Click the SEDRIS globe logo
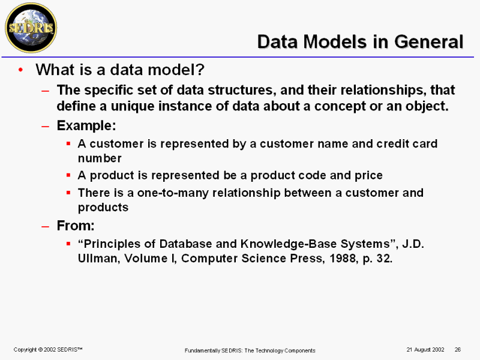coord(31,28)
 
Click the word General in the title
coord(429,41)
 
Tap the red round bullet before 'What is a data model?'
coord(20,70)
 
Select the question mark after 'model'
coord(200,70)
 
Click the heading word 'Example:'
coord(86,125)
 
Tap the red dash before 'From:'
coord(46,227)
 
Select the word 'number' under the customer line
coord(100,158)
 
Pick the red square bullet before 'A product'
coord(68,175)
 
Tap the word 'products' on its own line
coord(103,208)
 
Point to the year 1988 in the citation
coord(343,259)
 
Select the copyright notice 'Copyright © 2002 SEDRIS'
coord(48,350)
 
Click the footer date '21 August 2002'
coord(425,350)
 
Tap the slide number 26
coord(458,350)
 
